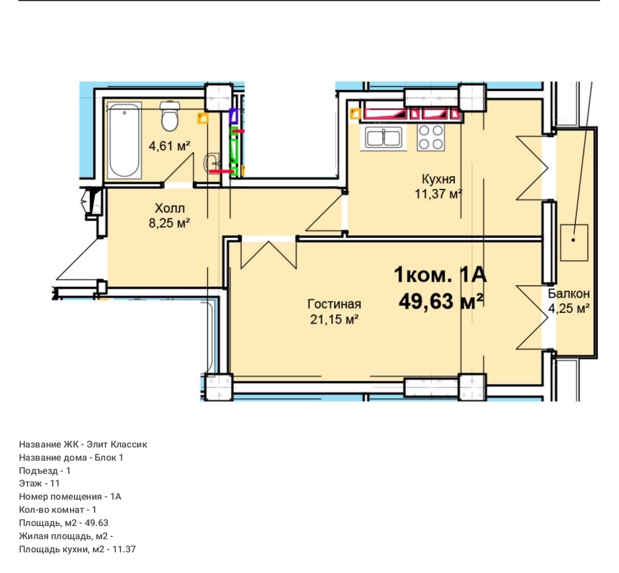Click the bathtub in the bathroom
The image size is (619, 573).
[x=124, y=140]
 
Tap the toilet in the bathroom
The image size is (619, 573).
[x=170, y=116]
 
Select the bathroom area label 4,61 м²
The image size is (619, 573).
[x=169, y=146]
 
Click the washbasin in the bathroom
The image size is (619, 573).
[x=211, y=163]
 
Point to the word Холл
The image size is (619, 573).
[x=170, y=208]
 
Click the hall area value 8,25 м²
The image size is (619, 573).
[x=169, y=223]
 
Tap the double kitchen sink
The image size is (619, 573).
[x=383, y=138]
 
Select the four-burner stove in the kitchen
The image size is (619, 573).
[x=430, y=137]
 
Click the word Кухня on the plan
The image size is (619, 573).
[x=438, y=179]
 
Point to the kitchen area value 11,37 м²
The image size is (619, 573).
[x=438, y=194]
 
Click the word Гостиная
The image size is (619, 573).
[x=334, y=304]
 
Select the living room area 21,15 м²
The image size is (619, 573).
[x=334, y=319]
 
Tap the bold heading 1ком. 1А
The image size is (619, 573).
[x=440, y=274]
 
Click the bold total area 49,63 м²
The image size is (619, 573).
[x=441, y=301]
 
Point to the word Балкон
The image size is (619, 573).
[x=569, y=293]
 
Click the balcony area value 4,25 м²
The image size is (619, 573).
[x=569, y=308]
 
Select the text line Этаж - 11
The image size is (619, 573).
[x=40, y=484]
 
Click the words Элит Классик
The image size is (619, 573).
[x=117, y=444]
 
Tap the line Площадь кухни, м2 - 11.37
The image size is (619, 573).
[x=77, y=549]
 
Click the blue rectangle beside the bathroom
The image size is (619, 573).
[x=233, y=116]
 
